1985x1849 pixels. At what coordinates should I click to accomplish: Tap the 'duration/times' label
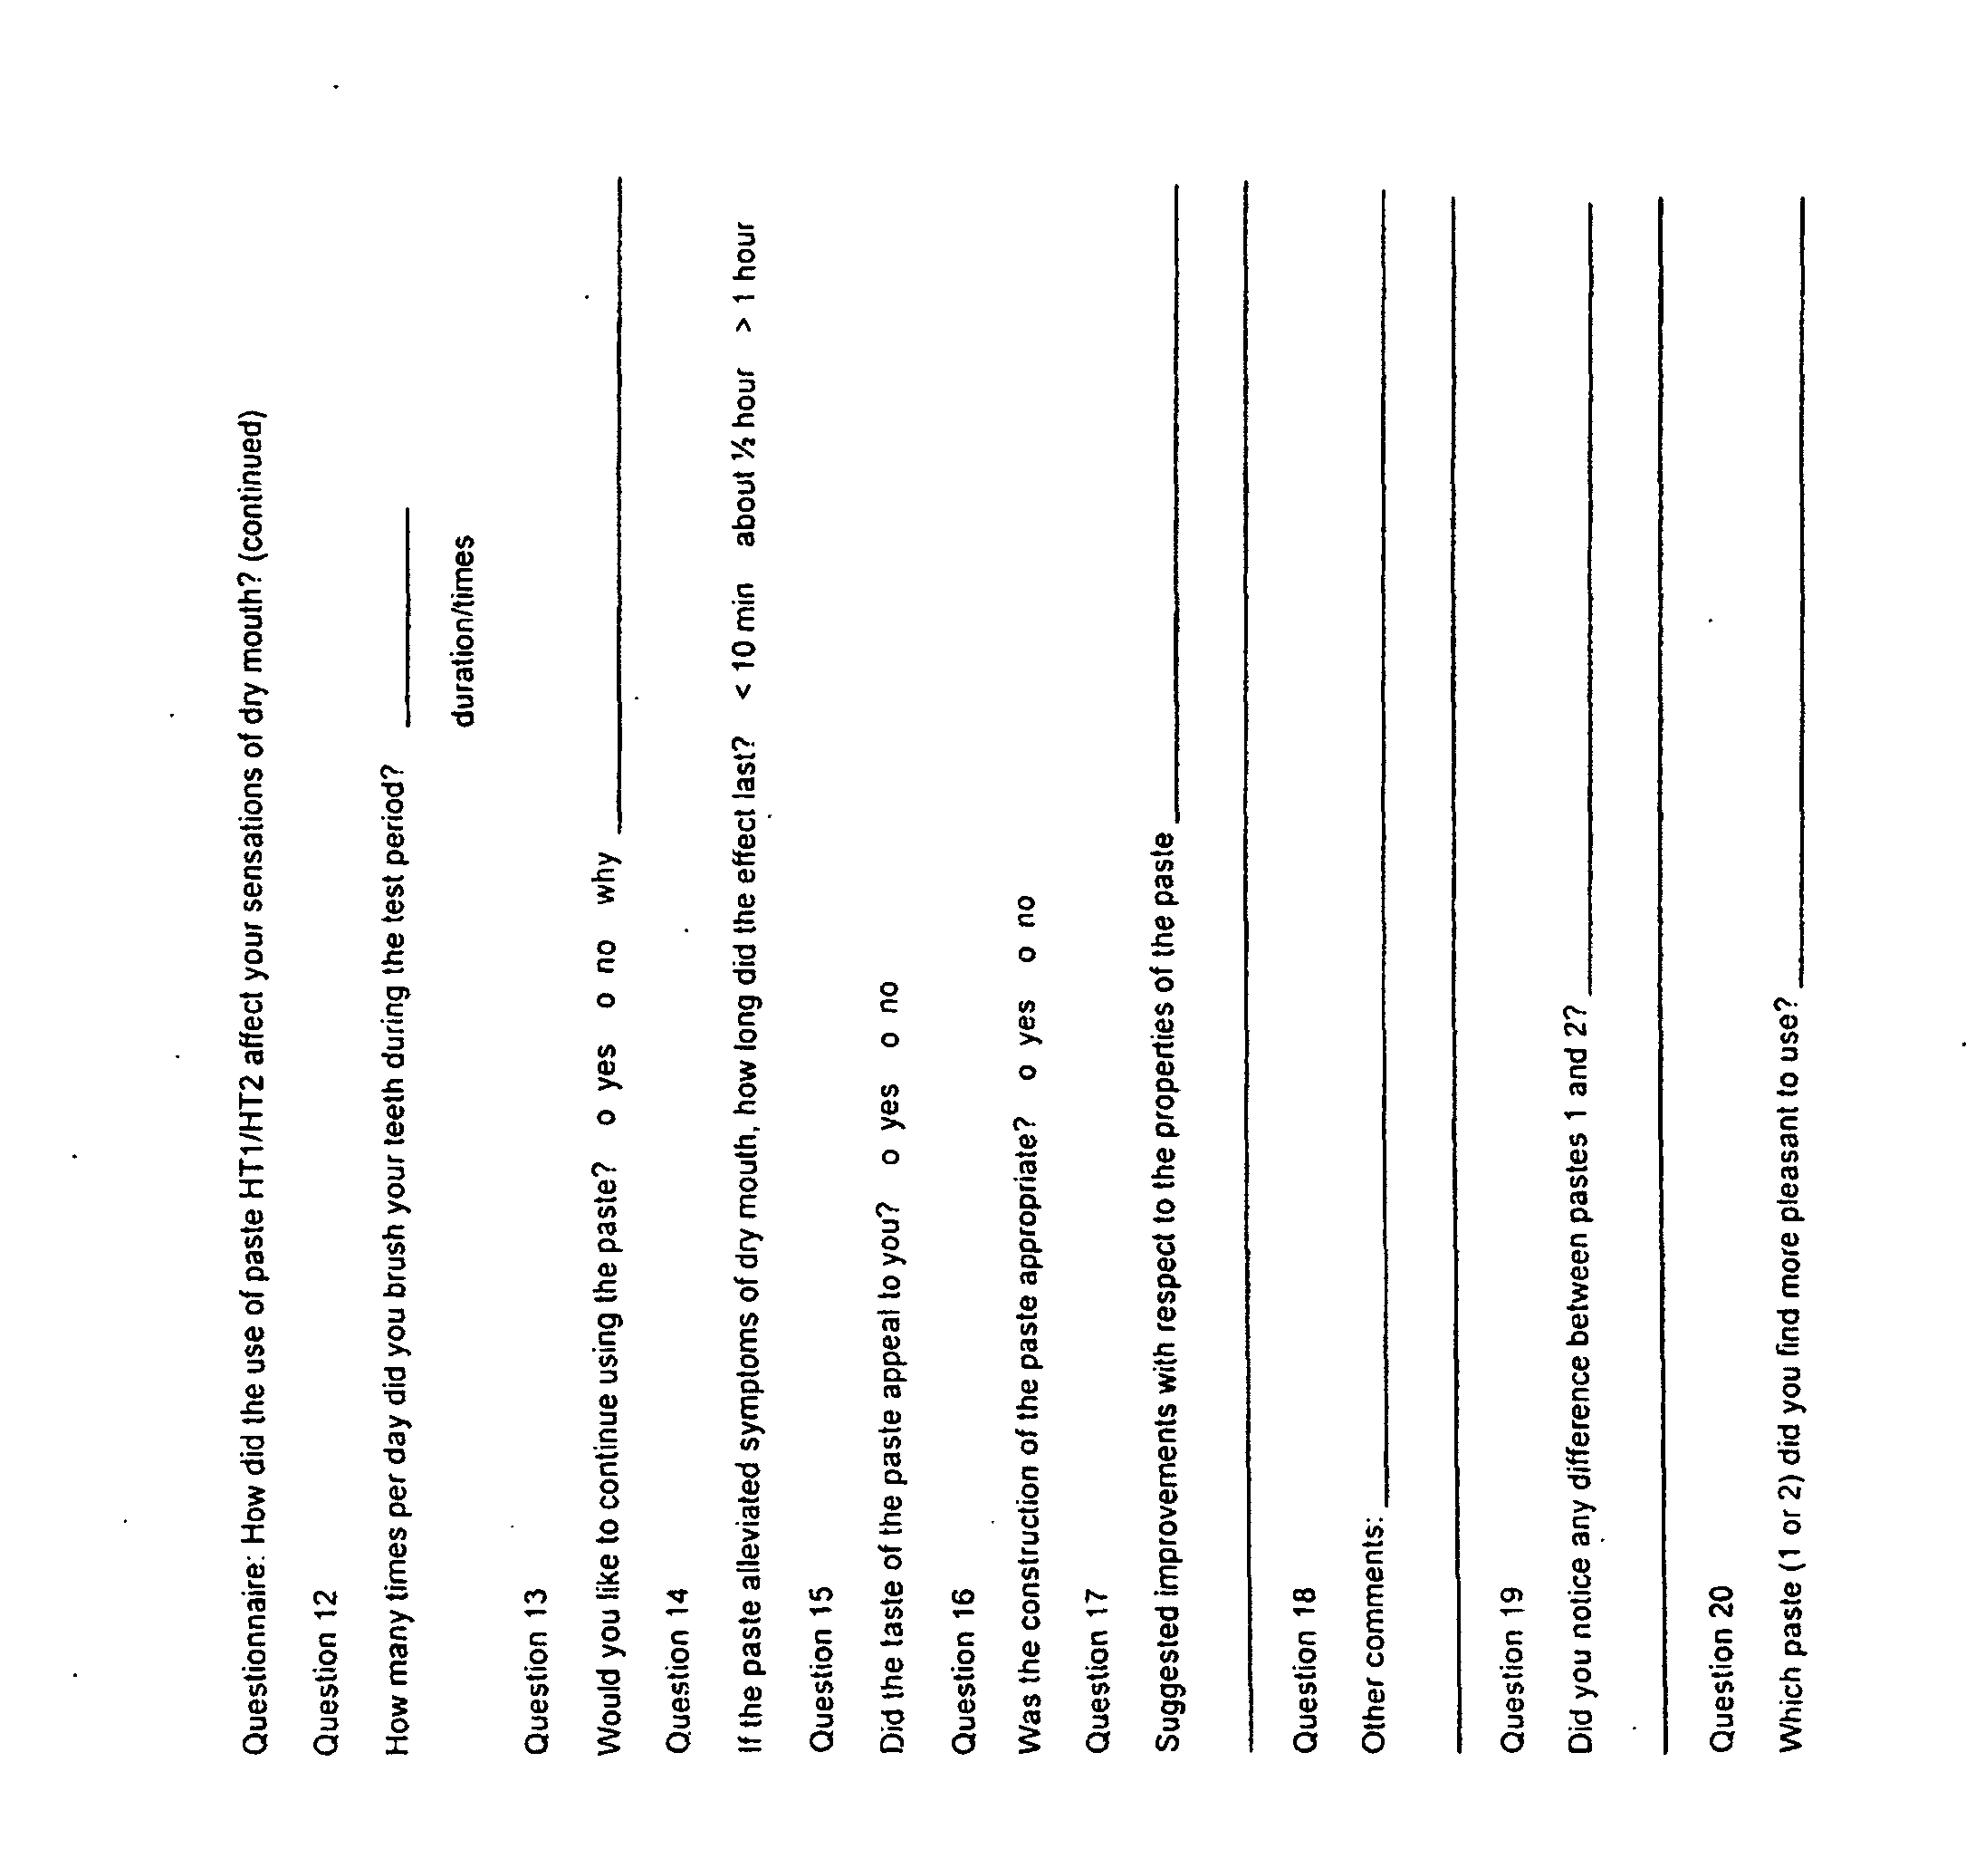pyautogui.click(x=464, y=631)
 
